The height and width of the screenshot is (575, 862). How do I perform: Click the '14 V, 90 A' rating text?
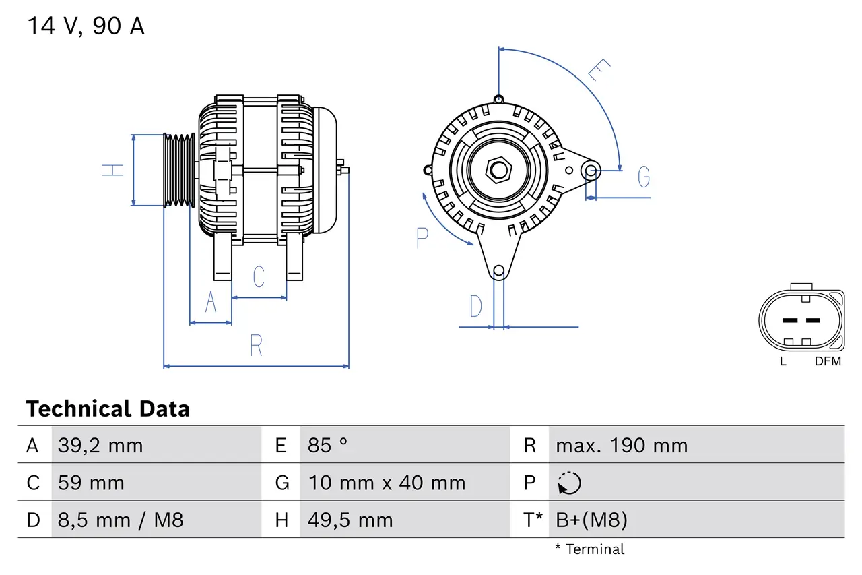(x=86, y=26)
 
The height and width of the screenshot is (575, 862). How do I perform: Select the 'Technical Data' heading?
(x=108, y=408)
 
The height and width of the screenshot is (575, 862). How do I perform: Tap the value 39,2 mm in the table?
(x=100, y=446)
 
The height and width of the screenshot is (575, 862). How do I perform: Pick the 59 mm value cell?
(x=91, y=483)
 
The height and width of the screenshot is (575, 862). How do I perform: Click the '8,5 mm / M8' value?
(x=121, y=520)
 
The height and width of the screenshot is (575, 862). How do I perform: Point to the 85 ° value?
(x=328, y=446)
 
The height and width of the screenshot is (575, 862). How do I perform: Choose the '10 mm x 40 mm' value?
(x=387, y=483)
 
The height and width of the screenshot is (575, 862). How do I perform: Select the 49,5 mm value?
(x=350, y=520)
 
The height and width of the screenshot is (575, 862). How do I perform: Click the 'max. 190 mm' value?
(x=622, y=446)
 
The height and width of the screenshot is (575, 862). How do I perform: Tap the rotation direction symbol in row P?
(x=569, y=483)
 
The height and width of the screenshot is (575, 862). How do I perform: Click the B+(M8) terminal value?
(x=591, y=520)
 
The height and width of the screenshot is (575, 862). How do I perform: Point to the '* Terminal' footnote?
(x=590, y=549)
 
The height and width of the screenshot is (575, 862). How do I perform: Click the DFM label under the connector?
(x=828, y=361)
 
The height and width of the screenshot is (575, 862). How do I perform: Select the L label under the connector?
(x=783, y=361)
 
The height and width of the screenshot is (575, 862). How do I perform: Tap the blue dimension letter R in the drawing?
(x=256, y=345)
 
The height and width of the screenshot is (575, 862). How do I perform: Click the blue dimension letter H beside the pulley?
(x=113, y=170)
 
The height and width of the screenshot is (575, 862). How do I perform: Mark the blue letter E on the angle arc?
(x=599, y=70)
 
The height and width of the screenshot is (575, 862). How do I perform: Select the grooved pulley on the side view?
(x=179, y=170)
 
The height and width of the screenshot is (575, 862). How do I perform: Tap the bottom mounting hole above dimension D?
(x=498, y=271)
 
